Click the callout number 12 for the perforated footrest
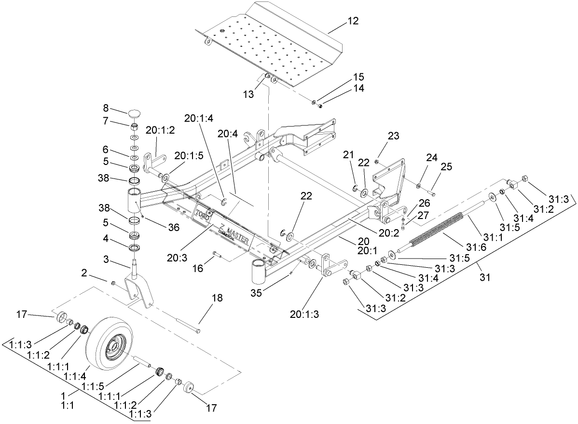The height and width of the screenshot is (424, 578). pyautogui.click(x=353, y=21)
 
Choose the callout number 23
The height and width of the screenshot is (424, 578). pyautogui.click(x=393, y=136)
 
